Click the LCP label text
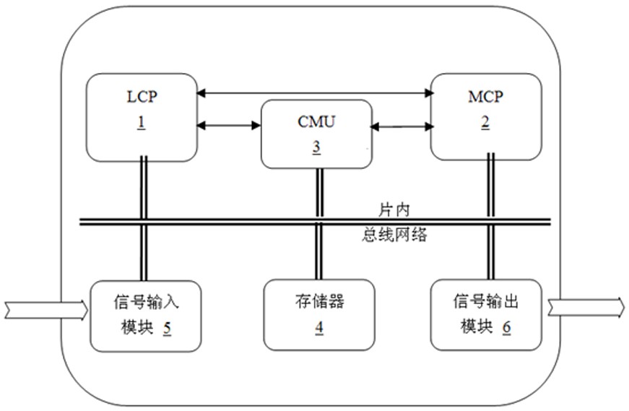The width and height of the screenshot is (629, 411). point(142,97)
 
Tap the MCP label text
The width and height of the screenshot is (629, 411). point(485,97)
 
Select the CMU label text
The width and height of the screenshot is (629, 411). point(316,121)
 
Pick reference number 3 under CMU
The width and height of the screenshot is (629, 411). point(316,145)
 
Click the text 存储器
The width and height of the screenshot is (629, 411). point(319,301)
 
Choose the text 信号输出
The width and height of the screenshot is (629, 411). point(485,301)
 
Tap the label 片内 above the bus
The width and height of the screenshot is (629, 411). point(394,209)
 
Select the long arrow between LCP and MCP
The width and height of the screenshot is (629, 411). point(313,92)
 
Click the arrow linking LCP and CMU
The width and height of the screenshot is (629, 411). point(228,125)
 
